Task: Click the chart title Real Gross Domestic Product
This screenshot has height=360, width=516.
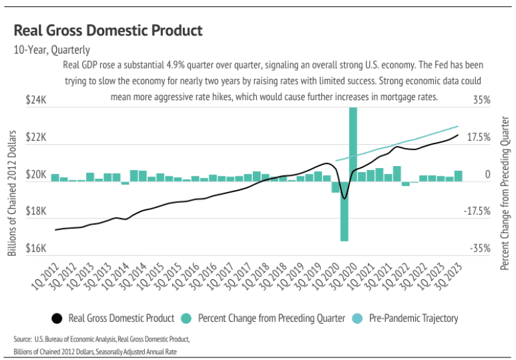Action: click(108, 30)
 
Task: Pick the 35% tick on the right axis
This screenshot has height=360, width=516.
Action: click(481, 101)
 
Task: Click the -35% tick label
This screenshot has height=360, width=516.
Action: click(481, 249)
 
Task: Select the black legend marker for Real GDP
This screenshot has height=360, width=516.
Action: click(57, 318)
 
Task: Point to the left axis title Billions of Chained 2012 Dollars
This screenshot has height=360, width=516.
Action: click(12, 192)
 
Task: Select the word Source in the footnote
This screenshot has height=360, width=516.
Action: click(23, 339)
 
